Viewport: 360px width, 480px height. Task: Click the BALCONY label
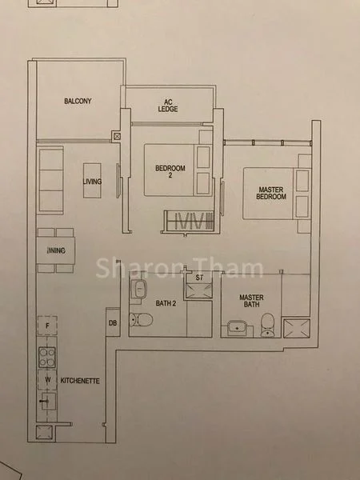coord(78,101)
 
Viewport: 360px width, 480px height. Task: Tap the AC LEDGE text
coord(168,106)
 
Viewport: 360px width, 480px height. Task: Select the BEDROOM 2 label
coord(170,171)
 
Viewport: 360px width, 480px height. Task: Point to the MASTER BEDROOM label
coord(271,193)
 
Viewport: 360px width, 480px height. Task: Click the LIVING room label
coord(92,182)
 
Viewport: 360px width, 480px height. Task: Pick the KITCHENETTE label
coord(80,381)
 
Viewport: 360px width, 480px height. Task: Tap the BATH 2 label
coord(166,303)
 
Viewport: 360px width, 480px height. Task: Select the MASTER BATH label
coord(251,301)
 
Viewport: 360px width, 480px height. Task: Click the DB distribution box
coord(113,322)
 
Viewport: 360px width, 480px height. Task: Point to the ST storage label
coord(199,278)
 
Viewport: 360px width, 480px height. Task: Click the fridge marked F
coord(47,326)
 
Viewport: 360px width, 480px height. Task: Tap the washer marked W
coord(47,380)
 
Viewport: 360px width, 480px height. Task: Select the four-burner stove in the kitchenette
coord(47,358)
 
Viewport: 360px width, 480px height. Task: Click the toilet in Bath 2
coord(141,319)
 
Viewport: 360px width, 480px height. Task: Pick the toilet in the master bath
coord(267,325)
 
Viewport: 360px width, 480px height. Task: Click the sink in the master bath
coord(238,328)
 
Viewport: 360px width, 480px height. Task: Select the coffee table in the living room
coord(92,180)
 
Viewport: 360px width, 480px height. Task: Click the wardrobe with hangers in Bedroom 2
coord(189,221)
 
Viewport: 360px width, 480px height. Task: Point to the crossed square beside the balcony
coord(117,136)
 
